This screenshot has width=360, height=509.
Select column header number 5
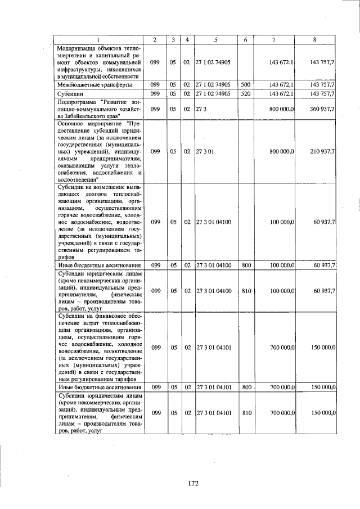[215, 39]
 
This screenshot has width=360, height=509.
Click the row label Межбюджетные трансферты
[94, 84]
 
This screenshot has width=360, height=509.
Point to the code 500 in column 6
[245, 84]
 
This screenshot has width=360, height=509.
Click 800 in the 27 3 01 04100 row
[246, 264]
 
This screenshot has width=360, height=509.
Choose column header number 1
[99, 39]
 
